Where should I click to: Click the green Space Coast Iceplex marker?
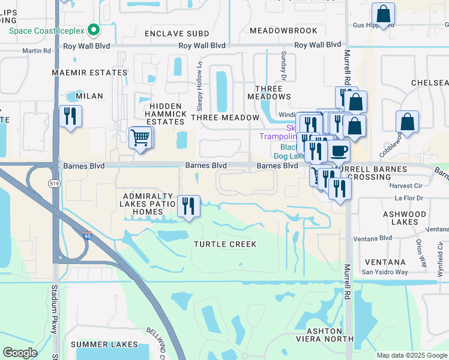point(93,29)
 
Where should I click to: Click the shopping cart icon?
point(140,137)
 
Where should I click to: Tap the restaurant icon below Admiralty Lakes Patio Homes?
point(188,206)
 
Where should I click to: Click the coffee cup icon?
point(339,150)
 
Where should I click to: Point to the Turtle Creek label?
point(225,244)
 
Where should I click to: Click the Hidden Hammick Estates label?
point(166,114)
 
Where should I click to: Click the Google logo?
point(20,353)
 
